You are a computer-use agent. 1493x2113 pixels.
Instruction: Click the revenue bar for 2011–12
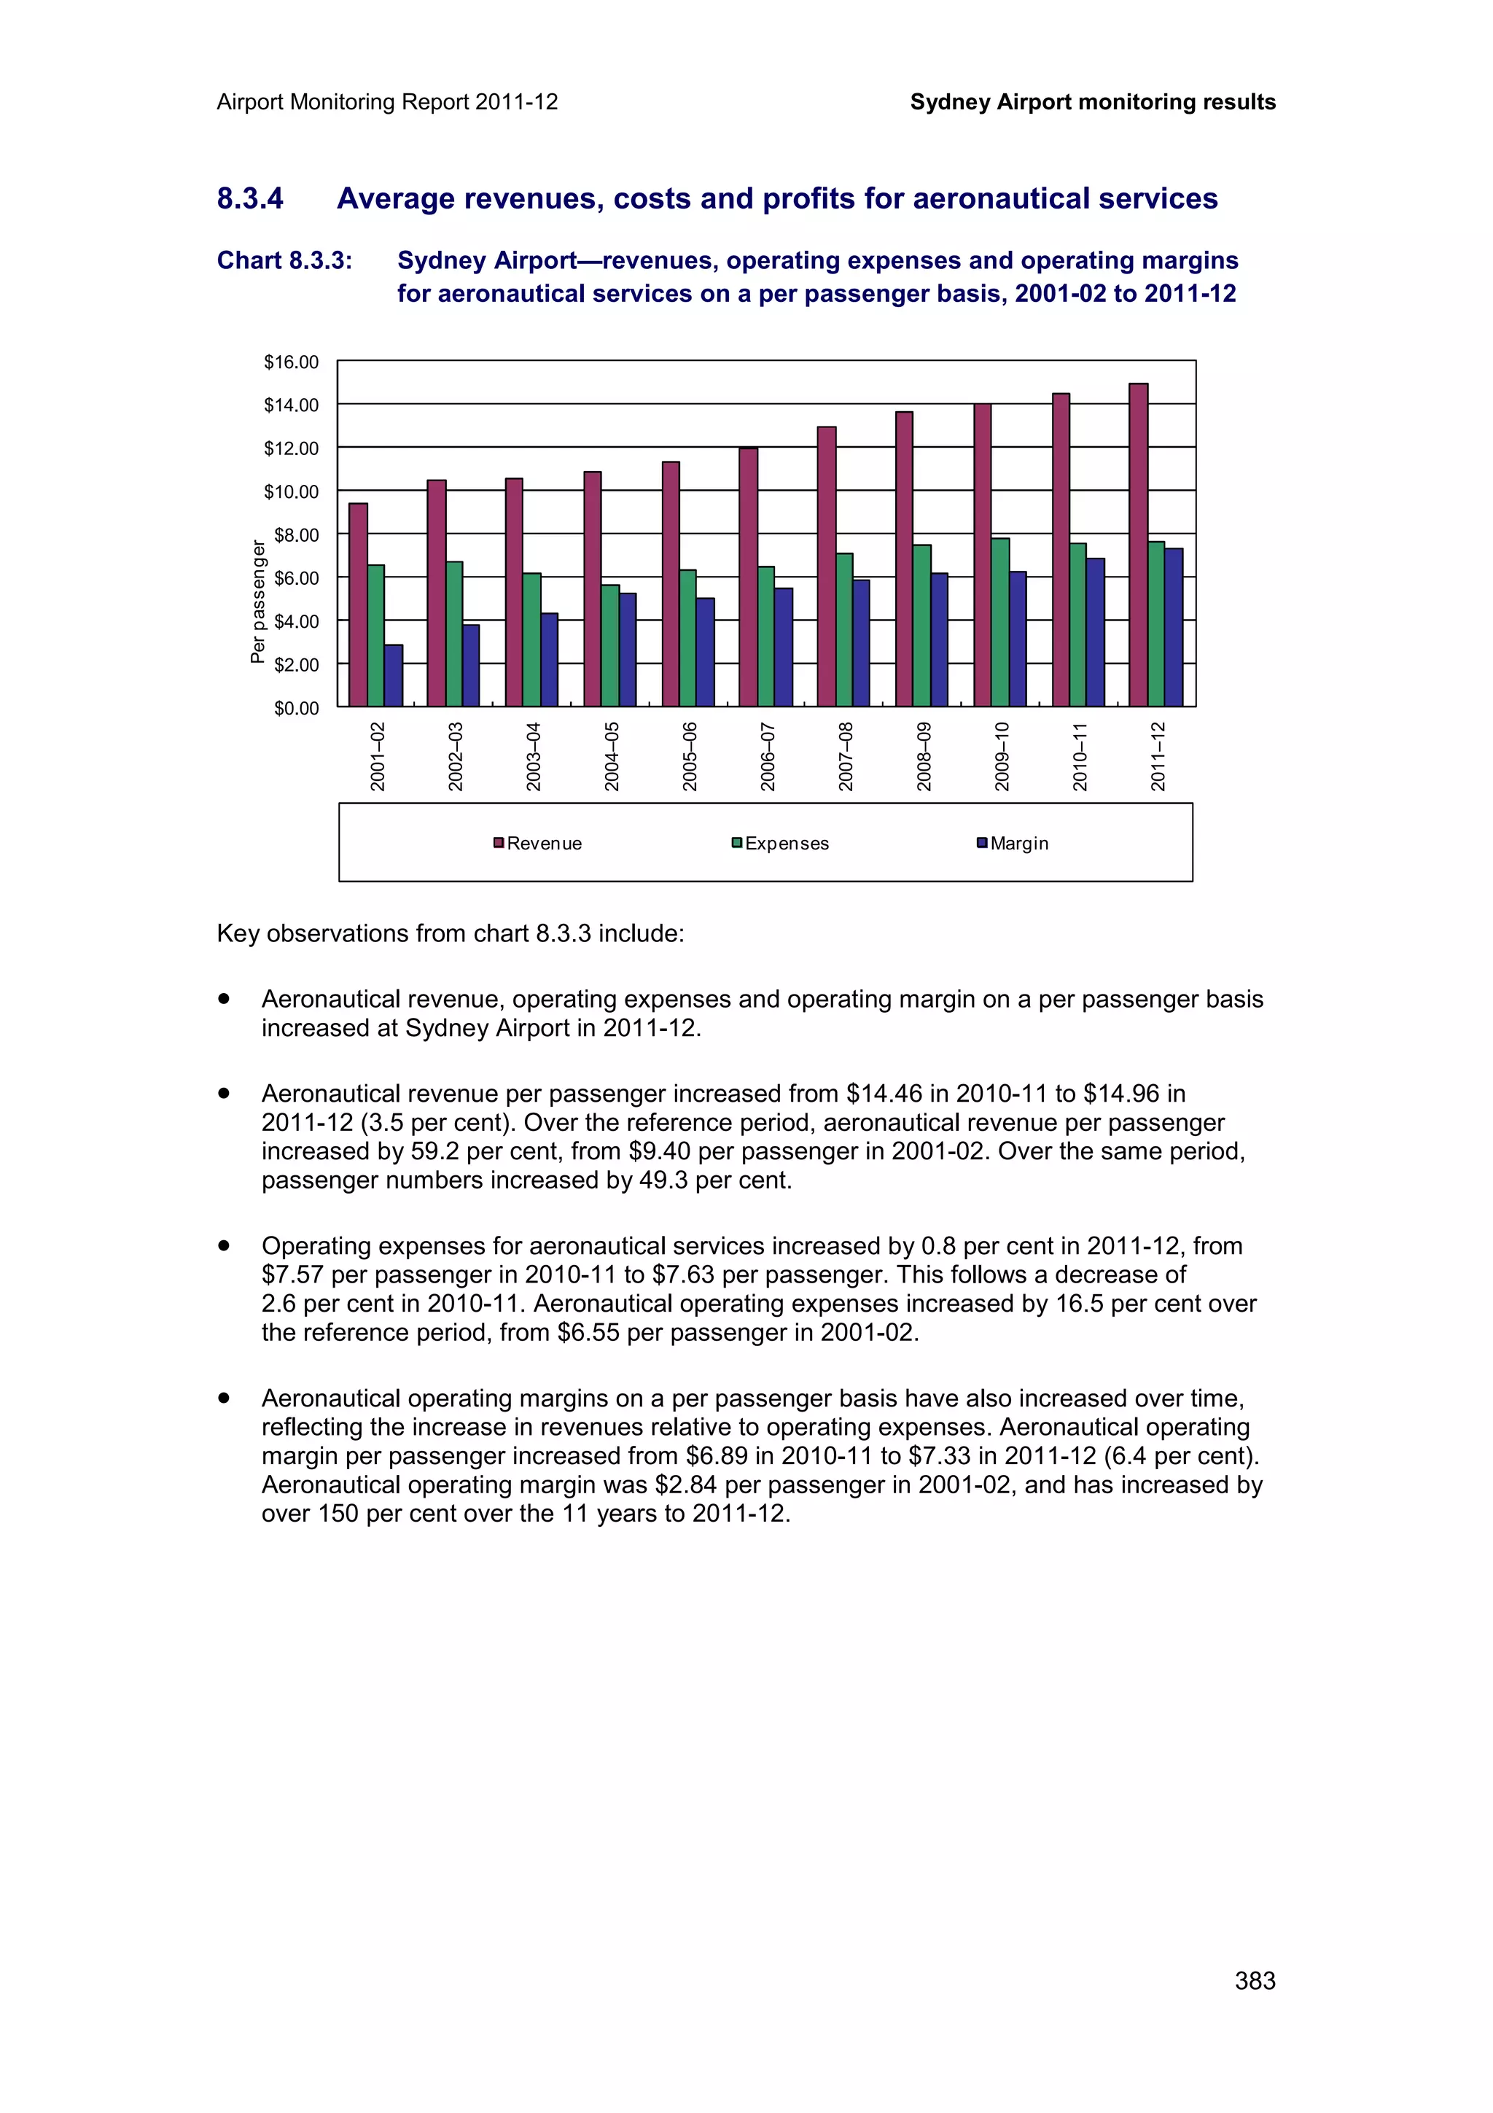click(1138, 545)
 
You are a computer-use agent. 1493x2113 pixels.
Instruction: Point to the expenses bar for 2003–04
click(531, 639)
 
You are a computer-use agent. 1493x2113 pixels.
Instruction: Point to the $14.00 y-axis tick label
click(291, 405)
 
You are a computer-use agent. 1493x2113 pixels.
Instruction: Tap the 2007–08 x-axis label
click(846, 757)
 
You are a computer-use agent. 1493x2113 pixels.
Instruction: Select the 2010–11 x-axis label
click(1080, 757)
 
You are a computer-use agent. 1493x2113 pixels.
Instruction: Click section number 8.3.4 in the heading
click(250, 199)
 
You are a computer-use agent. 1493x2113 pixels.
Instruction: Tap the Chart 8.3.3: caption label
click(284, 261)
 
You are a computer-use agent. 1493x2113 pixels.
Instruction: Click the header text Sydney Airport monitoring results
click(1092, 102)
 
